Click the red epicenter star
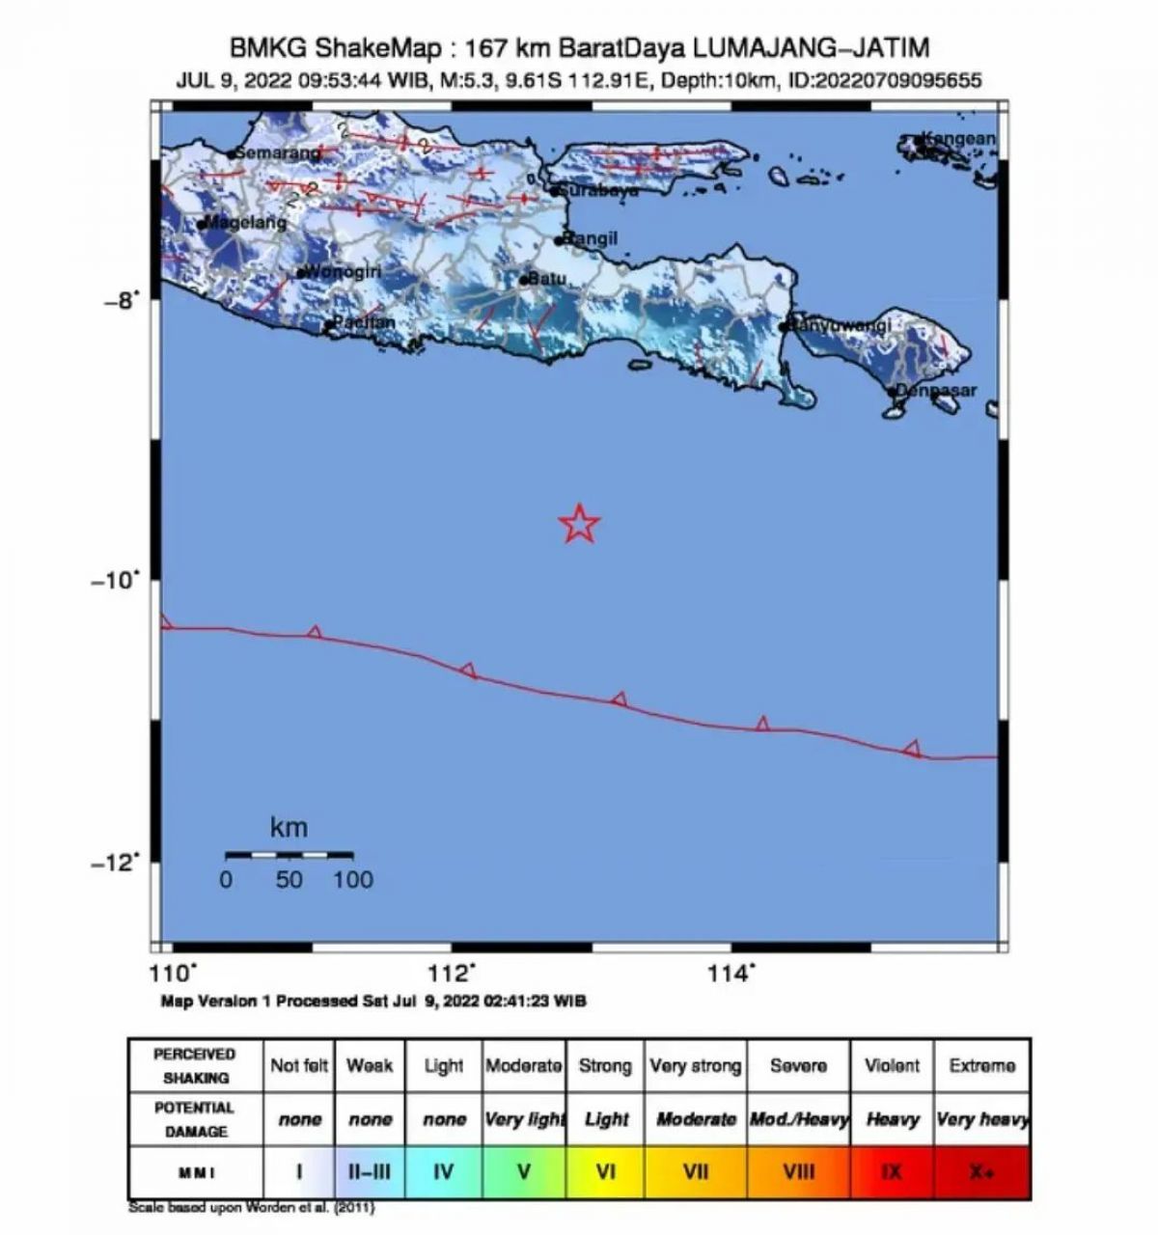579,523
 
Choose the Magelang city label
247,223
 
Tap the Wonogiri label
343,271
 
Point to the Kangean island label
957,139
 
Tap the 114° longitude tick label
731,973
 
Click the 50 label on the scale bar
289,879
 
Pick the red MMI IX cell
892,1172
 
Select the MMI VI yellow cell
606,1172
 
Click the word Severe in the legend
798,1066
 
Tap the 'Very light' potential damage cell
524,1119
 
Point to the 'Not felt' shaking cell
299,1066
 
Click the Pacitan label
364,322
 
